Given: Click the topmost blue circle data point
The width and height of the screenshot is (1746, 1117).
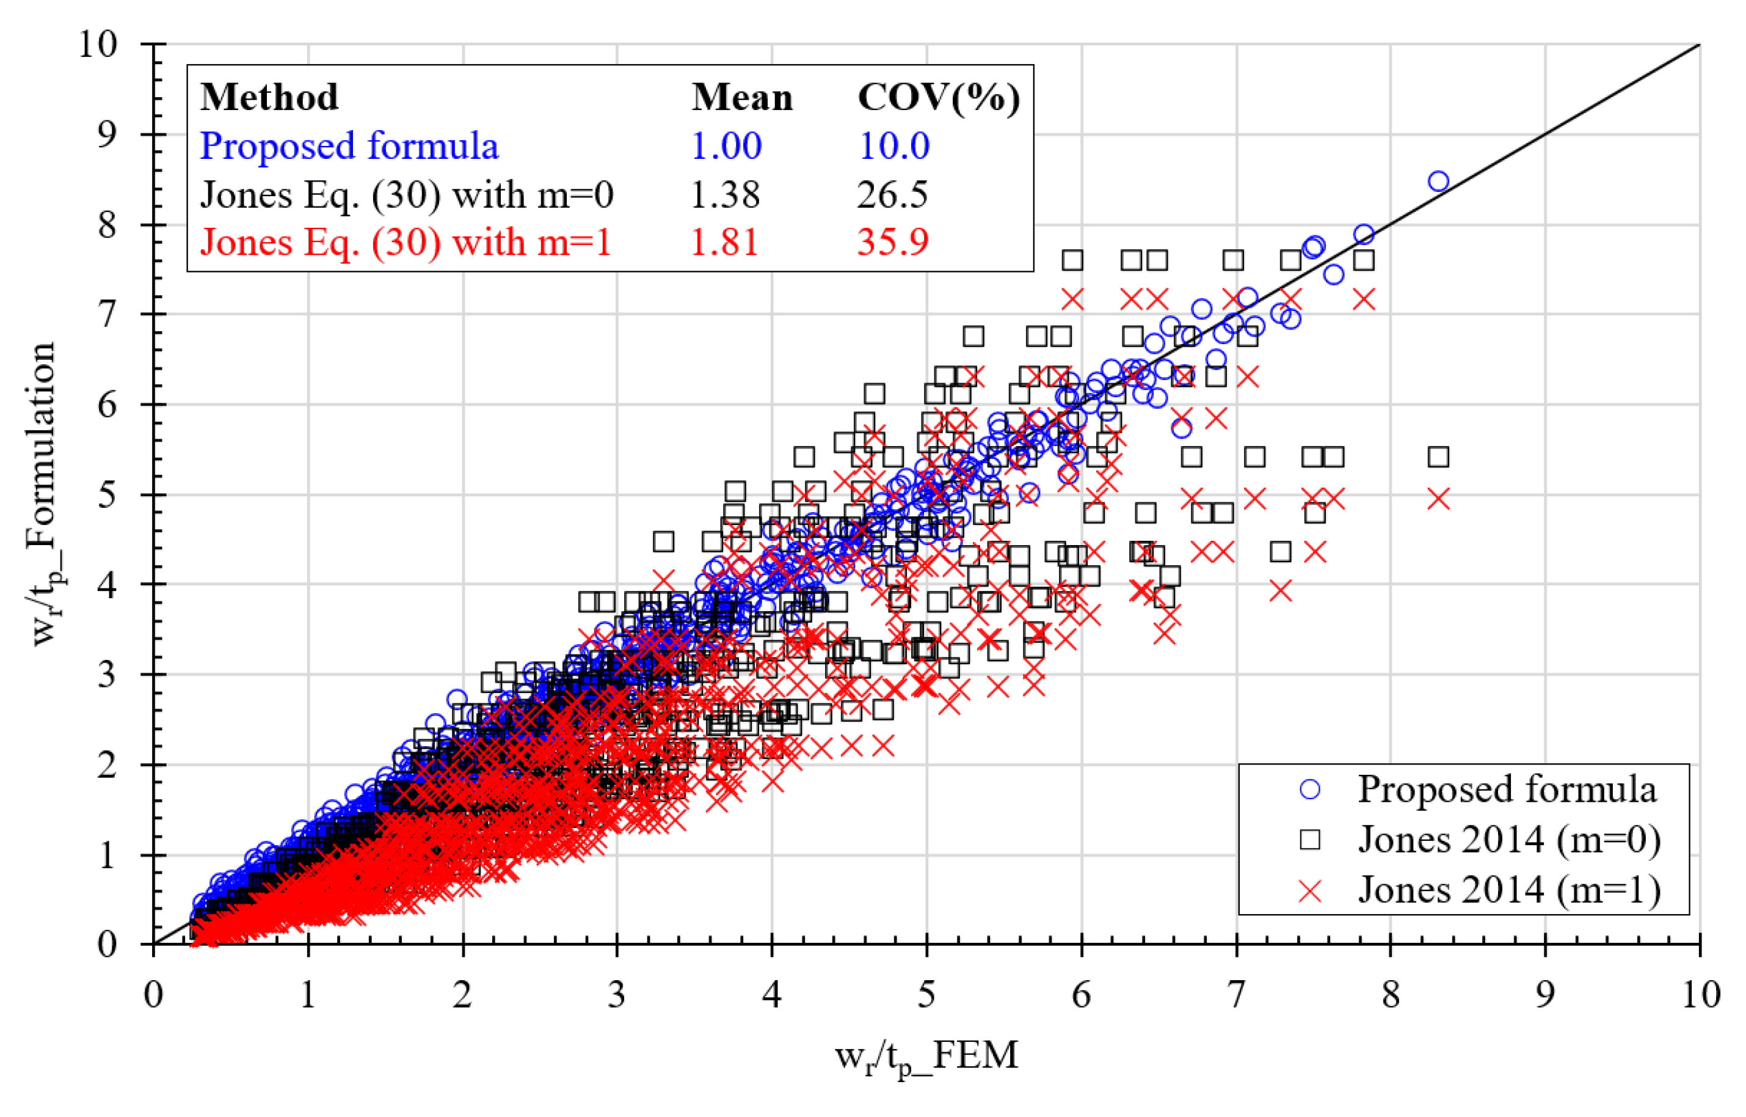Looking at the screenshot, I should (1439, 181).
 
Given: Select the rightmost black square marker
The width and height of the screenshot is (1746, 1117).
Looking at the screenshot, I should (1439, 457).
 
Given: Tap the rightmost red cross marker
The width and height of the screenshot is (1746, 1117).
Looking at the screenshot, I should (1439, 499).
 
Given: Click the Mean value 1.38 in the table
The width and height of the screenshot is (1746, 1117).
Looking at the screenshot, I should (725, 194).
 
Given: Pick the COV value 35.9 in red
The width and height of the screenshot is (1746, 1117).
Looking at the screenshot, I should (893, 241).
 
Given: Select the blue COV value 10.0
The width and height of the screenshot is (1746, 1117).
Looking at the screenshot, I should (894, 146).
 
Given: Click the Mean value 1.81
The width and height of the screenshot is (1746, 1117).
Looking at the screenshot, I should (724, 241).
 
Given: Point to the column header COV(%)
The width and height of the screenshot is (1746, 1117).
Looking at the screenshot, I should (938, 97).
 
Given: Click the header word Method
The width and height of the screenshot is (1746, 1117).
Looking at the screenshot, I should (269, 97).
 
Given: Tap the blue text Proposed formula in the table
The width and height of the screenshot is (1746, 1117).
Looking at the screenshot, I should (349, 146).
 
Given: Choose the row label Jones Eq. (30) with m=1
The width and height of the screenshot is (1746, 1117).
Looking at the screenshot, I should (406, 241).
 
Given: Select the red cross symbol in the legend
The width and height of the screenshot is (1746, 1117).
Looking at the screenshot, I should (1310, 892).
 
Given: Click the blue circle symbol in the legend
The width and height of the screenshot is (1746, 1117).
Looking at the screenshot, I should (1310, 789).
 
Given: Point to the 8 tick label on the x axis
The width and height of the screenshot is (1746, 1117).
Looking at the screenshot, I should (1390, 994).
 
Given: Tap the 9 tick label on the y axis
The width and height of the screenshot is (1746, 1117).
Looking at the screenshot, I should (107, 135).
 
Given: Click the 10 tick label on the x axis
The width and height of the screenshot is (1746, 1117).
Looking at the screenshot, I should (1700, 994).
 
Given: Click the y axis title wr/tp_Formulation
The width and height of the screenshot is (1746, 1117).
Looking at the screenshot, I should (43, 493).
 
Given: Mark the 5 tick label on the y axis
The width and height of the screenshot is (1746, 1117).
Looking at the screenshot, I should (107, 496).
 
